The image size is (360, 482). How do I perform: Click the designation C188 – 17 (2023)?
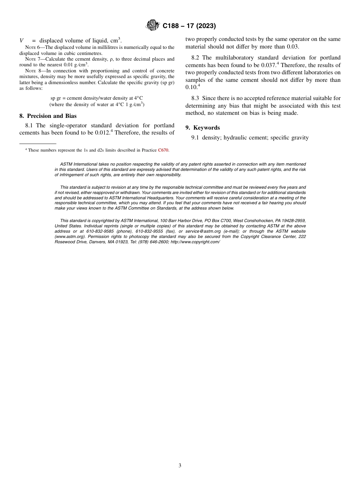coord(189,26)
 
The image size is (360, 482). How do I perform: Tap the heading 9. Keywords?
coord(202,128)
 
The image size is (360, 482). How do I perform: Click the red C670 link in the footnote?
coord(163,150)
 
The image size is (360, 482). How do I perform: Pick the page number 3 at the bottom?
coord(180,466)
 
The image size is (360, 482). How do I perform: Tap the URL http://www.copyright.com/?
coord(195,242)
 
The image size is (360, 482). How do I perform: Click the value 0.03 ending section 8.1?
coord(293,47)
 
